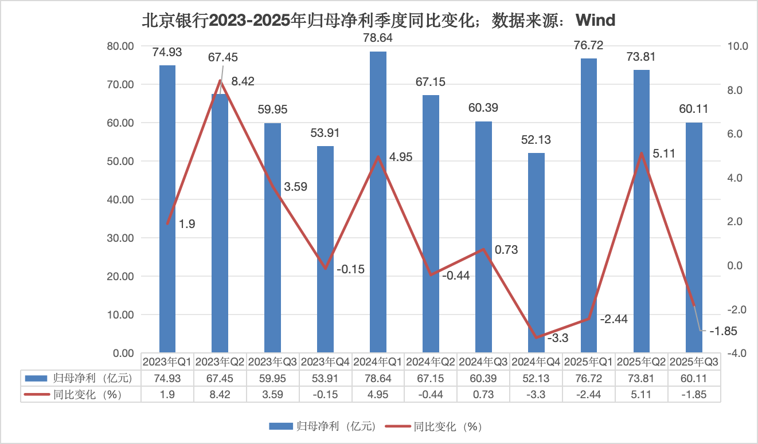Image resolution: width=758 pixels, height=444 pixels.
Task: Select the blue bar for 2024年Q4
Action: (x=536, y=252)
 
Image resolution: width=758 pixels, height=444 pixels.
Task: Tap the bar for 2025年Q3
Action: (x=694, y=237)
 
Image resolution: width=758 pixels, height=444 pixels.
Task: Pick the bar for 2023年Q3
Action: (x=272, y=237)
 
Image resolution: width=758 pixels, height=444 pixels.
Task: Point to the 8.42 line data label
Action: (x=243, y=81)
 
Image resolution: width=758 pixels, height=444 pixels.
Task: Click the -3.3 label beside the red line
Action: (x=557, y=339)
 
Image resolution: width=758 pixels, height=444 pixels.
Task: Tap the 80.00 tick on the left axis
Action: (x=120, y=46)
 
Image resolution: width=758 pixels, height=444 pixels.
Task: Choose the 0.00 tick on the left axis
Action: (x=123, y=353)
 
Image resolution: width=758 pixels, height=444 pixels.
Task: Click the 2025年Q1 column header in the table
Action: (x=589, y=362)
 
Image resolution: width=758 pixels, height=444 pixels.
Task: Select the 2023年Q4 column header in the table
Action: (x=325, y=362)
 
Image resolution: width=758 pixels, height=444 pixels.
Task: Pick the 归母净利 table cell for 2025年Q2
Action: (x=642, y=378)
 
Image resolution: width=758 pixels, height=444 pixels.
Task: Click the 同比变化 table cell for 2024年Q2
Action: (x=431, y=395)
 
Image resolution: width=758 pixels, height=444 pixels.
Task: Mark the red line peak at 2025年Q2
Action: (x=642, y=153)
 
